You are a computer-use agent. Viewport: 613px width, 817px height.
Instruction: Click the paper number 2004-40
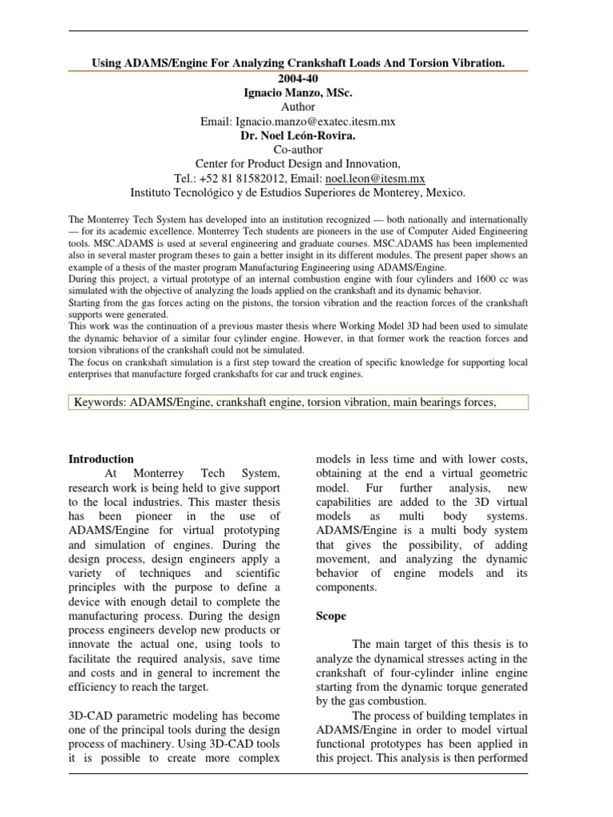(x=297, y=78)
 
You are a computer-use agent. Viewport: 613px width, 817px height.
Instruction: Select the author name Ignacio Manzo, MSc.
(x=297, y=93)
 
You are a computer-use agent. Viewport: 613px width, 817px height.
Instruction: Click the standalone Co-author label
(x=297, y=150)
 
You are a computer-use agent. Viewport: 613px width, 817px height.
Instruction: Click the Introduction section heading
(x=101, y=459)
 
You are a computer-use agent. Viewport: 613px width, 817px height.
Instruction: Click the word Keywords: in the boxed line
(x=103, y=403)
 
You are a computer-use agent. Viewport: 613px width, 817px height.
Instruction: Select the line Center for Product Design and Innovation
(x=297, y=164)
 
